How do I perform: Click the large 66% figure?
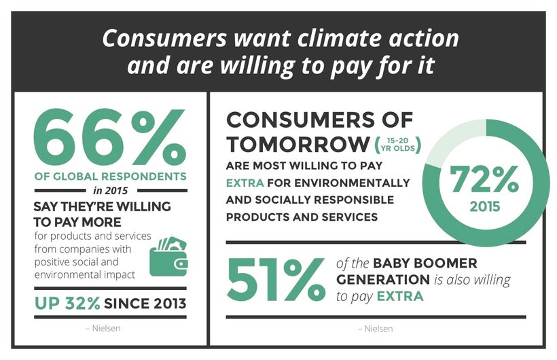click(x=110, y=137)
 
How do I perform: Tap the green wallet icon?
click(x=168, y=257)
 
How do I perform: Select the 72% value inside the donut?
click(x=484, y=179)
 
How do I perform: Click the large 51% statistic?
click(x=276, y=279)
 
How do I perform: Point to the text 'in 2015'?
click(x=111, y=191)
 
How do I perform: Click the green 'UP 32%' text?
click(x=67, y=304)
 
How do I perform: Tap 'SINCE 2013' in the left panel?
click(x=145, y=304)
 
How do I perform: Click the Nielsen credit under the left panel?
click(x=103, y=328)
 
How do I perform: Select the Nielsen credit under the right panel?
click(x=376, y=329)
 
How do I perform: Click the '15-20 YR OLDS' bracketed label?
click(x=398, y=145)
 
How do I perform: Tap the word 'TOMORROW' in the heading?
click(x=298, y=144)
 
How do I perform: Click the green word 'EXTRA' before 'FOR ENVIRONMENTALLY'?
click(x=245, y=183)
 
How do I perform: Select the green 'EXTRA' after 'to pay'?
click(x=400, y=296)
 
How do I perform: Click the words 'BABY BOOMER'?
click(x=425, y=264)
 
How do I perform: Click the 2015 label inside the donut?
click(x=485, y=207)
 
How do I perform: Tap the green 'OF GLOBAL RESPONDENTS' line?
click(x=111, y=177)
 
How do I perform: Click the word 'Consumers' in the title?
click(x=164, y=39)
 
